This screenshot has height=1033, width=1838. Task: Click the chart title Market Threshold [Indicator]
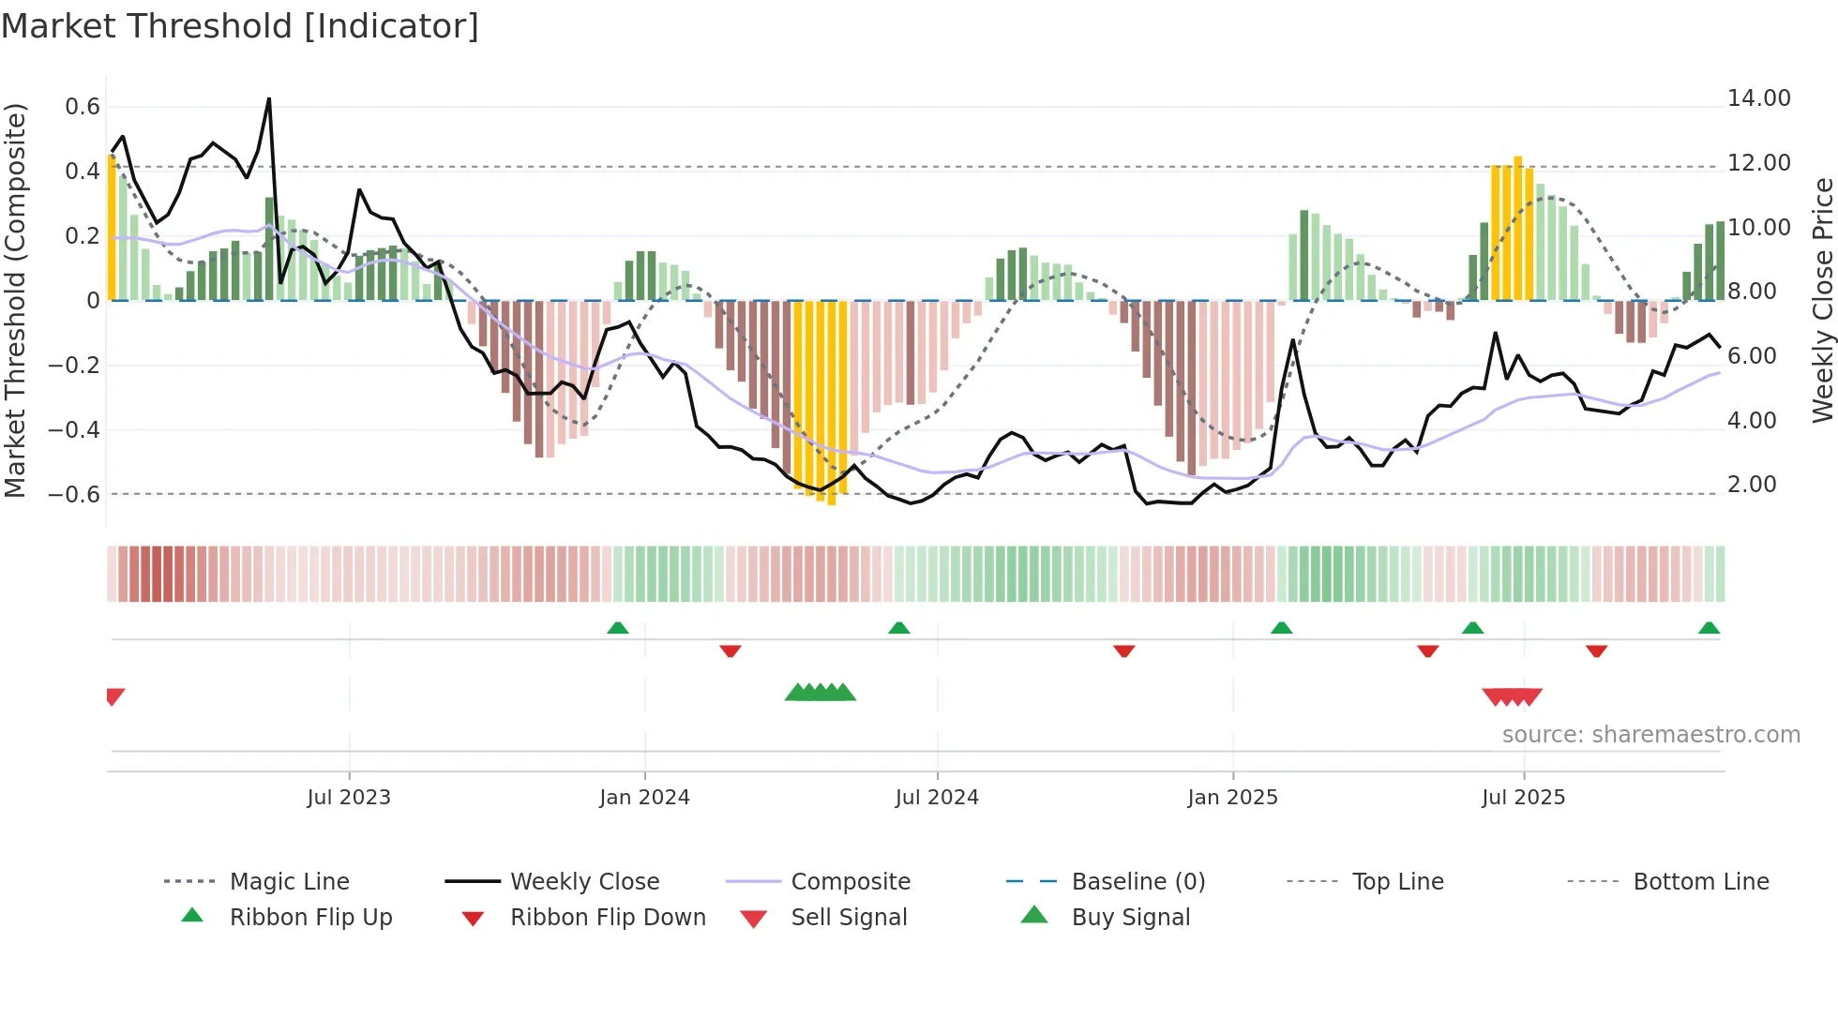coord(240,26)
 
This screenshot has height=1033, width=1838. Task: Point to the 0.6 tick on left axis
coord(83,107)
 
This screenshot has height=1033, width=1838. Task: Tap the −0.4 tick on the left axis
coord(74,430)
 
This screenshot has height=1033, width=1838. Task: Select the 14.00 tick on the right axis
coord(1758,98)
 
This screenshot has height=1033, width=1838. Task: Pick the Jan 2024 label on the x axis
coord(644,798)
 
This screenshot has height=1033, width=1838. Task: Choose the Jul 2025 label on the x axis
coord(1523,798)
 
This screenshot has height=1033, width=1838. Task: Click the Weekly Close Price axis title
coord(1822,300)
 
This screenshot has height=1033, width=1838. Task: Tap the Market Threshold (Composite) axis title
coord(15,300)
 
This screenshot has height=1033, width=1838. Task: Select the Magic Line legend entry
coord(289,882)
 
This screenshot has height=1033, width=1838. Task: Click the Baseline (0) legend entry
coord(1137,882)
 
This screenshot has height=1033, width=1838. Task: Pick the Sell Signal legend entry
coord(848,918)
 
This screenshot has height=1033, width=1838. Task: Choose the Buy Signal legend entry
coord(1130,918)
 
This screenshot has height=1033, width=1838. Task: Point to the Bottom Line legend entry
coord(1700,882)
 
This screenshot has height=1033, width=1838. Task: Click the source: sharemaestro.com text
coord(1650,735)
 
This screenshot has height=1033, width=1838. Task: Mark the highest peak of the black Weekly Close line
coord(269,98)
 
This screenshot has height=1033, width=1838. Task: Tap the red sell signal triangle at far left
coord(114,696)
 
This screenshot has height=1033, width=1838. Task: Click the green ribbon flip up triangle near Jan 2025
coord(1281,628)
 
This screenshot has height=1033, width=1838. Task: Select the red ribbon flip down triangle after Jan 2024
coord(731,651)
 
